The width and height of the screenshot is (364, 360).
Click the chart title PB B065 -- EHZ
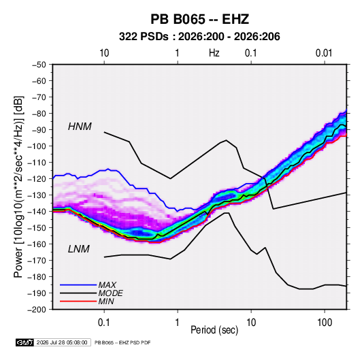pos(199,19)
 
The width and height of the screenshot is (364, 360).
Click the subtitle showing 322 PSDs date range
pos(199,37)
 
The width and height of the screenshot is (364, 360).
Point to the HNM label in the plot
pos(80,127)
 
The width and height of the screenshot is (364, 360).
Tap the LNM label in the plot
pos(79,249)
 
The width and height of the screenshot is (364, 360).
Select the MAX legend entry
pos(107,284)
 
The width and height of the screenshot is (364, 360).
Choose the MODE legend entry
pos(110,293)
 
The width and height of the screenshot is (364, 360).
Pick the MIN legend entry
pos(106,301)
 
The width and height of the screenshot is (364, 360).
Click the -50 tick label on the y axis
pos(39,65)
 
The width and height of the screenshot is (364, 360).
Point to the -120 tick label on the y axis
pos(37,179)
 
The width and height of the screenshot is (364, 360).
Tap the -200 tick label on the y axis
pos(37,310)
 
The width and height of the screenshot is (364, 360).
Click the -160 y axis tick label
pos(37,244)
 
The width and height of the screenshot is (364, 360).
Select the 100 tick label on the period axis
pos(325,323)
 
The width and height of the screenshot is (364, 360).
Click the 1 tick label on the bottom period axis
pos(178,323)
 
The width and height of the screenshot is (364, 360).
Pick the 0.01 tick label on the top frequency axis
pos(324,53)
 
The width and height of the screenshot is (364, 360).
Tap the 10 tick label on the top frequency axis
pos(104,53)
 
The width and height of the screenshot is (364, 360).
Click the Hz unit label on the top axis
pos(214,53)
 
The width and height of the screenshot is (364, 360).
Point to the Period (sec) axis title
pos(214,330)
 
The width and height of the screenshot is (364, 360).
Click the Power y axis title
pos(18,186)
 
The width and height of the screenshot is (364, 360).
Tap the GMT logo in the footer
pos(25,342)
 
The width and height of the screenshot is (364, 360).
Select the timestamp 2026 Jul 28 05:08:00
pos(62,342)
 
